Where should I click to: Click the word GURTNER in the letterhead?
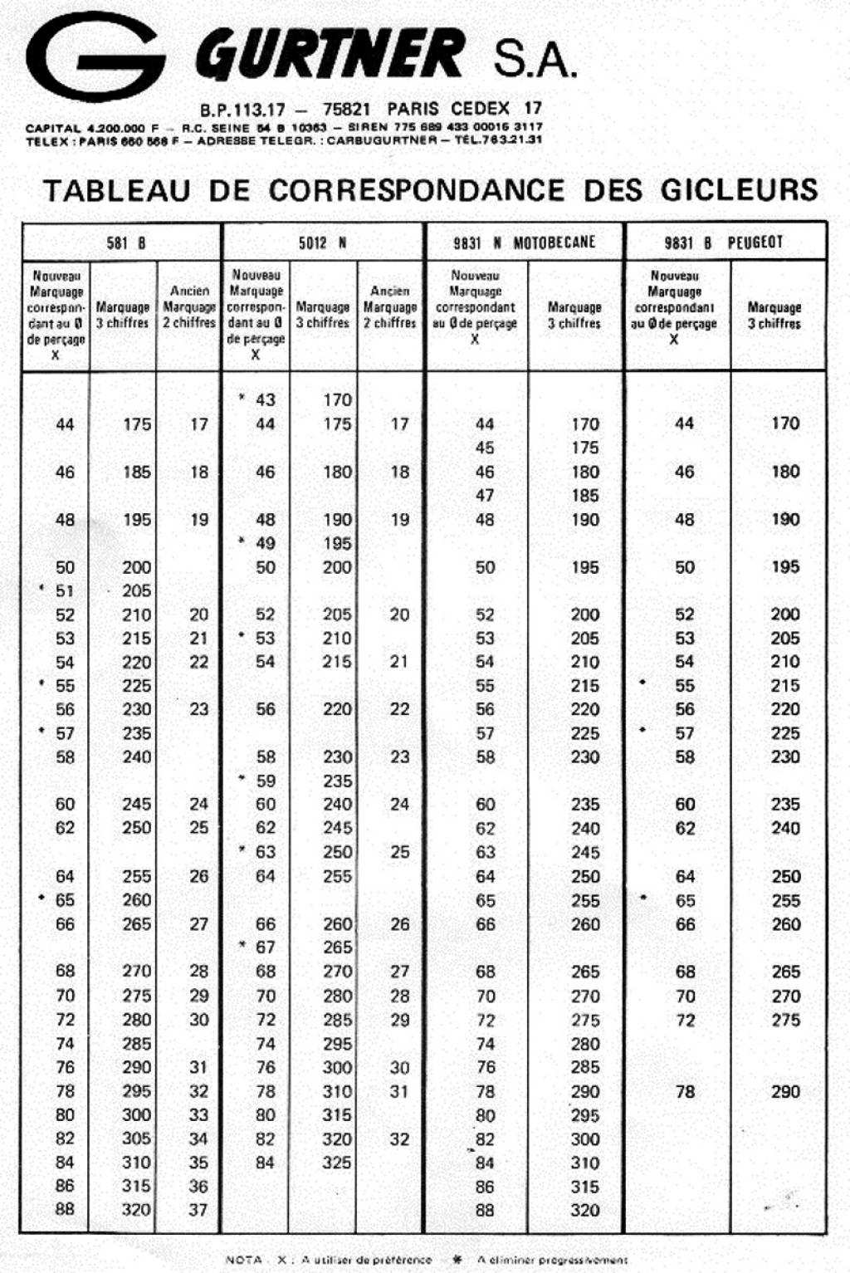(x=330, y=55)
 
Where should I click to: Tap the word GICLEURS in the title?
(x=739, y=190)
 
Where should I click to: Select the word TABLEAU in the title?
(x=116, y=190)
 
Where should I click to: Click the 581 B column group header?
(x=126, y=242)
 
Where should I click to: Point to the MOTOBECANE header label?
(x=554, y=242)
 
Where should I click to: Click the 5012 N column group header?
(x=322, y=242)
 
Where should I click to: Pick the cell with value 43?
(x=265, y=399)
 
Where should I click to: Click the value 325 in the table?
(x=337, y=1163)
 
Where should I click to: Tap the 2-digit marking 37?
(x=198, y=1210)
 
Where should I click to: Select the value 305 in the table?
(x=136, y=1138)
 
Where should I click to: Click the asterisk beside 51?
(x=42, y=588)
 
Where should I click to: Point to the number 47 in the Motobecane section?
(x=485, y=496)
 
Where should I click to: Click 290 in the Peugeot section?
(x=785, y=1091)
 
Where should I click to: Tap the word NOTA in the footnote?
(x=245, y=1260)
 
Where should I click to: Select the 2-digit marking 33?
(x=198, y=1114)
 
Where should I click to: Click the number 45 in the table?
(x=485, y=448)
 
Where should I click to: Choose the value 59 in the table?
(x=265, y=781)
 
